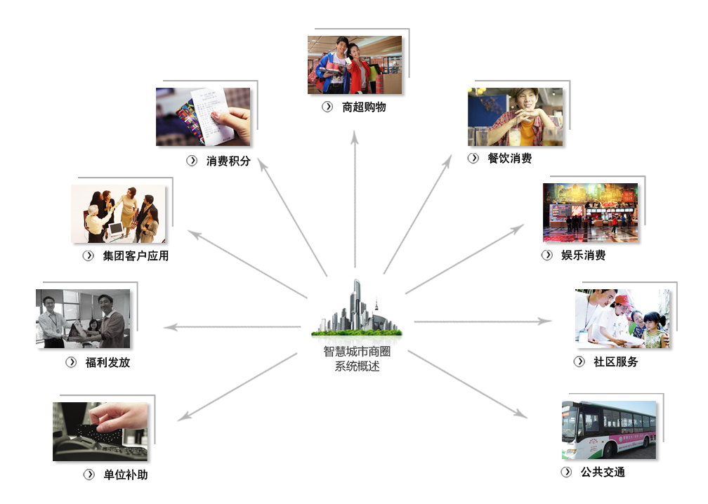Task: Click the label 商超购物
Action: (364, 107)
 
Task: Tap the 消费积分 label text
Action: (228, 161)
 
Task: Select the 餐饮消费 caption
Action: (510, 159)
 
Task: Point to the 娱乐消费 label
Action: (584, 256)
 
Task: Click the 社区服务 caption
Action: (616, 362)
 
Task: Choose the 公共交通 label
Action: (603, 472)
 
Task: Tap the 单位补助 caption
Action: (126, 475)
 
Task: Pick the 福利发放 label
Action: (108, 363)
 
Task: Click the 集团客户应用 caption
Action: (136, 256)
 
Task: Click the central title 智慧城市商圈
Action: (357, 352)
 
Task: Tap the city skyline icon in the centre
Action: (356, 308)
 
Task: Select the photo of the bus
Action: (609, 430)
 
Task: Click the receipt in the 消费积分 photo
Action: (211, 116)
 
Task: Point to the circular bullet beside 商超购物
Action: (327, 107)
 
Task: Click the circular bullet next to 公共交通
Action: (566, 472)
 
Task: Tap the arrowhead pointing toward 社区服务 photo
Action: (546, 321)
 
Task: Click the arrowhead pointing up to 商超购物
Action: (355, 137)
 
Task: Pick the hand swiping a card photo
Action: (100, 432)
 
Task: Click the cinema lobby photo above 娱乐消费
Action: (591, 213)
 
